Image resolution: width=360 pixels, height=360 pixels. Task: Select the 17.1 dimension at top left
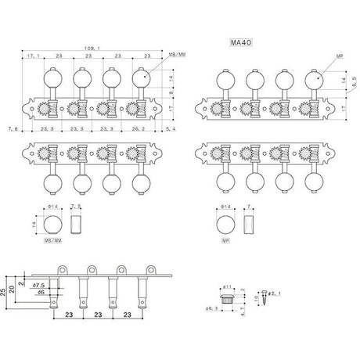[34, 58]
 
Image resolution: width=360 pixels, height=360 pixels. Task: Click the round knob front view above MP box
[223, 222]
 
